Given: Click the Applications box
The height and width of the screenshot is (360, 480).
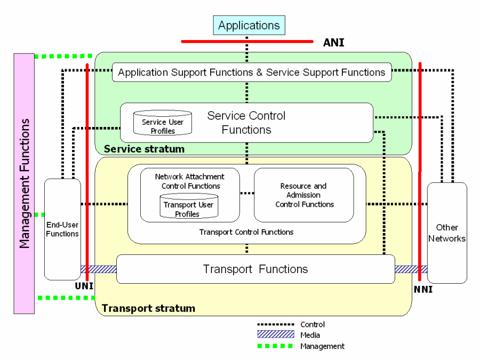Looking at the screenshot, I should click(x=249, y=26).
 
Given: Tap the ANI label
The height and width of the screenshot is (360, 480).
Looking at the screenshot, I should click(x=334, y=43).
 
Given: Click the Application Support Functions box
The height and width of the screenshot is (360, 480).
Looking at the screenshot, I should click(x=252, y=72).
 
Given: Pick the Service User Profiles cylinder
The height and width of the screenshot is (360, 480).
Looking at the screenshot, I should click(x=163, y=123).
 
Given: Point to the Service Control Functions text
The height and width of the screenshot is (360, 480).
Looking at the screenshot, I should click(x=246, y=123).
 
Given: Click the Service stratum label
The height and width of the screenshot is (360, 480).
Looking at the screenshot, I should click(x=144, y=149).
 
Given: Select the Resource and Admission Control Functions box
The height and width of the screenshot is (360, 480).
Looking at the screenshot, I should click(x=304, y=195).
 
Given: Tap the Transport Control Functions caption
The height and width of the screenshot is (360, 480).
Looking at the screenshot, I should click(x=246, y=232).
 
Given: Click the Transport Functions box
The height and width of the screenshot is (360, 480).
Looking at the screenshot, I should click(x=255, y=269).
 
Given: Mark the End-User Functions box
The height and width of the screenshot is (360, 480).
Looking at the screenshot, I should click(x=62, y=229).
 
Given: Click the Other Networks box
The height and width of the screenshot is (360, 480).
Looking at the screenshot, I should click(x=447, y=233).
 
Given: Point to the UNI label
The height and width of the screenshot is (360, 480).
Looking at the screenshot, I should click(x=84, y=286).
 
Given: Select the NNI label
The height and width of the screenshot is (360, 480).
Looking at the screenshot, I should click(x=423, y=290).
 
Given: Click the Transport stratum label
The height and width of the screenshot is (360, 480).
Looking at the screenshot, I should click(x=148, y=308).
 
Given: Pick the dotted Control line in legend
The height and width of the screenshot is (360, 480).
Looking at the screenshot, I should click(x=275, y=324).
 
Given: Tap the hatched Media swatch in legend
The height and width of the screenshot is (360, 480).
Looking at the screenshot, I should click(x=275, y=335).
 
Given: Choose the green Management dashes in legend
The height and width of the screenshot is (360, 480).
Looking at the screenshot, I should click(x=275, y=346).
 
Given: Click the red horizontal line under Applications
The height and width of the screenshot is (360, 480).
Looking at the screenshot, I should click(x=247, y=41).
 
